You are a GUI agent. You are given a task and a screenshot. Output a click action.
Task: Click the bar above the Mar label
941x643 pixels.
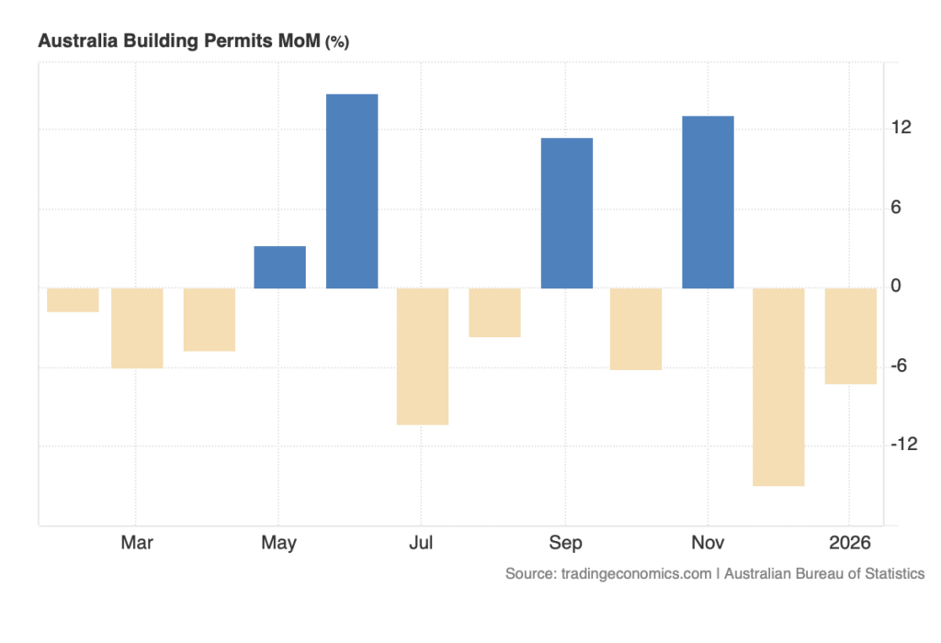(137, 328)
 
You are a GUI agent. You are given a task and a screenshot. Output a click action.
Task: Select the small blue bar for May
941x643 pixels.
(279, 267)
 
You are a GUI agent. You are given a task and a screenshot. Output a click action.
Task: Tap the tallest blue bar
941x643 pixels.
(352, 191)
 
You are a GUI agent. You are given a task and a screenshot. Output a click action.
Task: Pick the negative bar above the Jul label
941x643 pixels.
(423, 356)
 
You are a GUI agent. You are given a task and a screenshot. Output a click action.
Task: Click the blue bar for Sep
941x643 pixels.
(566, 213)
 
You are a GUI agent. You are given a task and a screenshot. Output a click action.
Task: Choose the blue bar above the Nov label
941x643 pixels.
(708, 202)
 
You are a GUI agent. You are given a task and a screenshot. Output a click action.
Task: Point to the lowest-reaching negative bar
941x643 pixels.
(778, 387)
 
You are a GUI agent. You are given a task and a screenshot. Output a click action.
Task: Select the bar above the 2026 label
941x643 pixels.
(850, 335)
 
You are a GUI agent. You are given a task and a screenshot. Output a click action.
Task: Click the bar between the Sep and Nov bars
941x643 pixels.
(636, 329)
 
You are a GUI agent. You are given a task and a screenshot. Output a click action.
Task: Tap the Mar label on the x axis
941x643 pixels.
(137, 543)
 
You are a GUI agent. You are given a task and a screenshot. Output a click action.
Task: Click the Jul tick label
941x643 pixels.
(421, 543)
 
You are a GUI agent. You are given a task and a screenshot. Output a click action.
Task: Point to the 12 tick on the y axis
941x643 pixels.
(901, 128)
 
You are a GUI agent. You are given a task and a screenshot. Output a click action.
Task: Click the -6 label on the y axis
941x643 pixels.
(901, 366)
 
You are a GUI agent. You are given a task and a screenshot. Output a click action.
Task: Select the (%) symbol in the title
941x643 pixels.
(336, 42)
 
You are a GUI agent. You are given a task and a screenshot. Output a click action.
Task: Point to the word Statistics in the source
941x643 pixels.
(886, 573)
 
